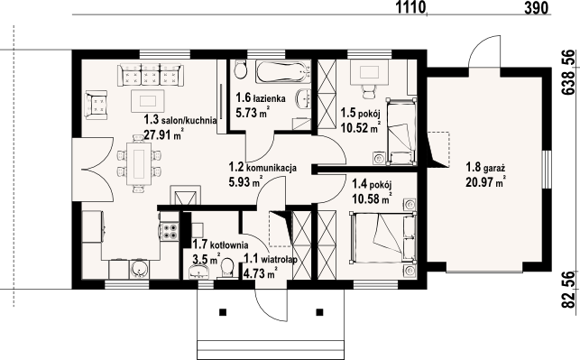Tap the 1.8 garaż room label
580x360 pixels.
coord(484,168)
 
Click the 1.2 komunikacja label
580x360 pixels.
coord(262,167)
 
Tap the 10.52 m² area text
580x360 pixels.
coord(359,127)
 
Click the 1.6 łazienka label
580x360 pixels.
coord(262,98)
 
